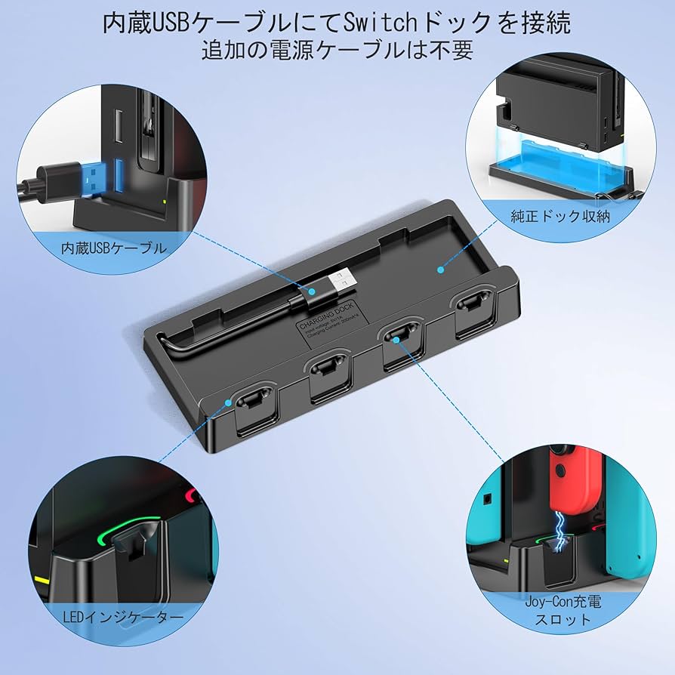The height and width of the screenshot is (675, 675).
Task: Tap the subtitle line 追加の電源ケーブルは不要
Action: point(337,51)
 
